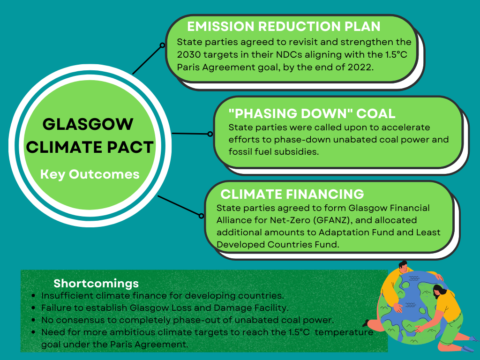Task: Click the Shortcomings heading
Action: coord(97,283)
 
